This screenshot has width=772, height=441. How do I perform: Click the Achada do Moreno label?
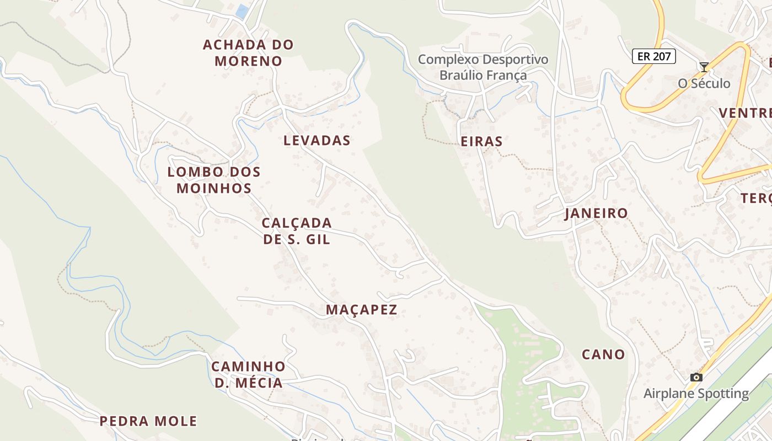[x=248, y=52]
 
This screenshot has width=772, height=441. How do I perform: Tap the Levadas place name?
[x=317, y=141]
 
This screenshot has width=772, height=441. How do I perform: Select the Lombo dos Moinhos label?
[x=214, y=180]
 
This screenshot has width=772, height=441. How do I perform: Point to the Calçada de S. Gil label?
[x=297, y=231]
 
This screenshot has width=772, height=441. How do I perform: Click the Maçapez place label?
[x=361, y=310]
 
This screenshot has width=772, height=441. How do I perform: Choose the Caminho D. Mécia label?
[x=248, y=374]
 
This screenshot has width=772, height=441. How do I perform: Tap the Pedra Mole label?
[x=148, y=422]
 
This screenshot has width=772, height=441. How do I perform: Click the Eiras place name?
[x=481, y=142]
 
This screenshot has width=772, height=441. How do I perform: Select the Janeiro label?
[x=596, y=213]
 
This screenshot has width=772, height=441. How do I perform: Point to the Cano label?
[x=603, y=354]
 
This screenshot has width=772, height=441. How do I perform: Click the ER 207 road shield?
[x=653, y=56]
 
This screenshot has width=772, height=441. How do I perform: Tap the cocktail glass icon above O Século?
[x=704, y=67]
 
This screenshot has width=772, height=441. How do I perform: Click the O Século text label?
[x=704, y=84]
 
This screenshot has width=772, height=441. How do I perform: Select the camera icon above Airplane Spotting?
[x=696, y=378]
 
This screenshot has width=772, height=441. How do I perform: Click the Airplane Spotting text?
[x=696, y=394]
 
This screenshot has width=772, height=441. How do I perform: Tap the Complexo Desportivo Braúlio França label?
[x=483, y=67]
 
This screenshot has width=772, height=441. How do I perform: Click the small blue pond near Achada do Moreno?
[x=242, y=11]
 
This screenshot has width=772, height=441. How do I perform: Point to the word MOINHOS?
[x=214, y=188]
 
